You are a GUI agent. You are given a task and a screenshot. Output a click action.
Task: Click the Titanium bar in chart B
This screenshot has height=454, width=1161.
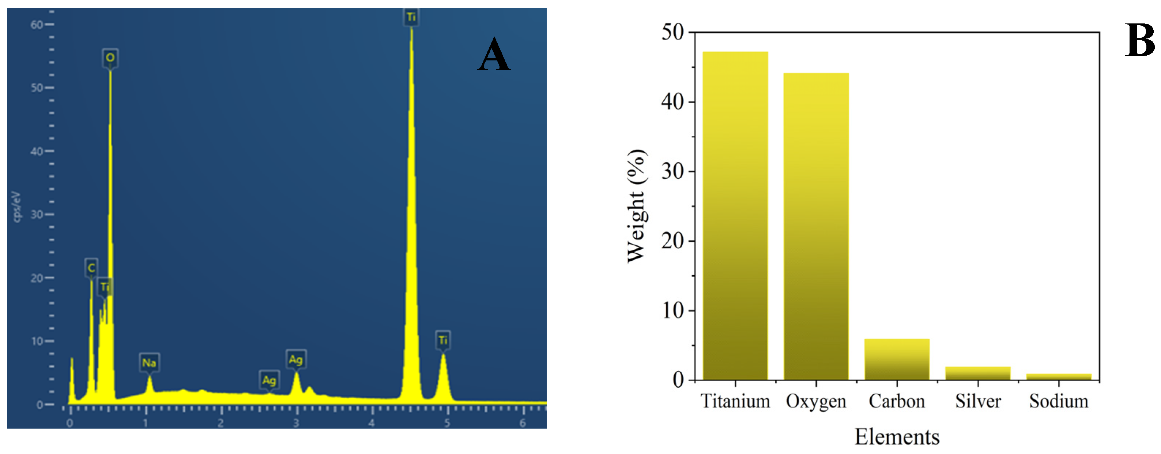pyautogui.click(x=735, y=217)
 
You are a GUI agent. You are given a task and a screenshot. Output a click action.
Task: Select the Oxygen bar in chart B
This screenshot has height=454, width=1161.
pyautogui.click(x=816, y=226)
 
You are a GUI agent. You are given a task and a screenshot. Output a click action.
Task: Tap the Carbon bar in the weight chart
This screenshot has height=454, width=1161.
pyautogui.click(x=897, y=360)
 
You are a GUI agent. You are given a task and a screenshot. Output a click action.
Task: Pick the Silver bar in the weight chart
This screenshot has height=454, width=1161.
pyautogui.click(x=977, y=374)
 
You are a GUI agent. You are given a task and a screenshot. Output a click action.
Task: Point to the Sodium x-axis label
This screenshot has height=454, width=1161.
pyautogui.click(x=1058, y=401)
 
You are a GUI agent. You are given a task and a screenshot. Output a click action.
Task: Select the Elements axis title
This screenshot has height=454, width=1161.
pyautogui.click(x=897, y=437)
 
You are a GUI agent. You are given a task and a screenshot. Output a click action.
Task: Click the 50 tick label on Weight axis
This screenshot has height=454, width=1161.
pyautogui.click(x=672, y=33)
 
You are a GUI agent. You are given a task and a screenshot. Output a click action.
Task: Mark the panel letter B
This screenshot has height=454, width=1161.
pyautogui.click(x=1139, y=41)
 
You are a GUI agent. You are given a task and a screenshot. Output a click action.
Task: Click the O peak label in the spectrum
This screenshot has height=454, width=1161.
pyautogui.click(x=110, y=58)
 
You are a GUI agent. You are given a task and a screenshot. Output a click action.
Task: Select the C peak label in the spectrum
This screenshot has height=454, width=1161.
pyautogui.click(x=91, y=268)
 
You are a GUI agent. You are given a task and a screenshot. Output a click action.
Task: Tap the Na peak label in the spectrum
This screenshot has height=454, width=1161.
pyautogui.click(x=149, y=363)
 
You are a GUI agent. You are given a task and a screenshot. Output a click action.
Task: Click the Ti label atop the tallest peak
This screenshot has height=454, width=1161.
pyautogui.click(x=411, y=18)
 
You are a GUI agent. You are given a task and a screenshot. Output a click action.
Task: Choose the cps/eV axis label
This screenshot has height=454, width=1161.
pyautogui.click(x=17, y=207)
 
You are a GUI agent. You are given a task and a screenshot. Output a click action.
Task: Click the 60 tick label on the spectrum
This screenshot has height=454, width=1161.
pyautogui.click(x=37, y=25)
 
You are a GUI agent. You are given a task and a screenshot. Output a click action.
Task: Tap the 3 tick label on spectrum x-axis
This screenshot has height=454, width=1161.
pyautogui.click(x=296, y=423)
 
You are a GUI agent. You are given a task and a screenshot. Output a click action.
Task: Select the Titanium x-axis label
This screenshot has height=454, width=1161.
pyautogui.click(x=735, y=401)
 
